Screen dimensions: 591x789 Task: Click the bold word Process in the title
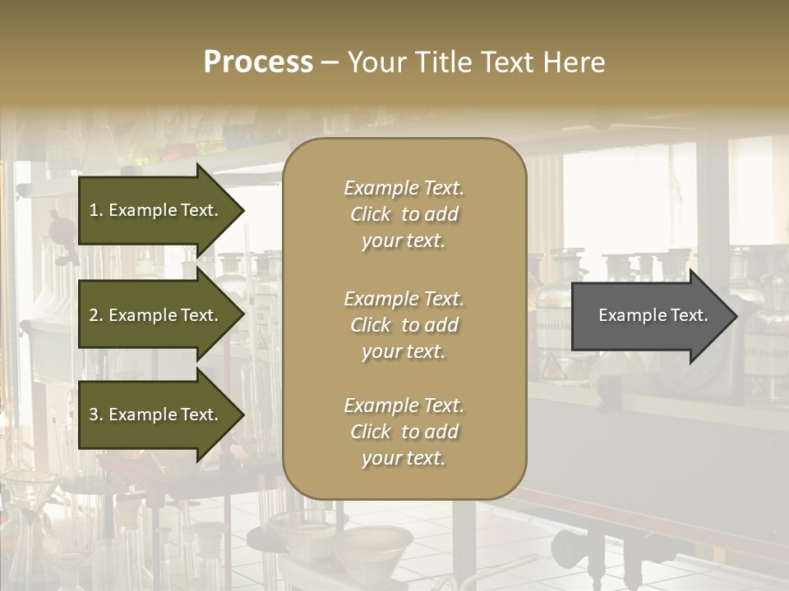(258, 62)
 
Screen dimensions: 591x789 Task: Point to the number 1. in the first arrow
(96, 210)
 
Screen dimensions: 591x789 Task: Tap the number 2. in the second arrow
(96, 315)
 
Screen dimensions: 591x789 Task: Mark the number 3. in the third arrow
(96, 415)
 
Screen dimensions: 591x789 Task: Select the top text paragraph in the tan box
(404, 214)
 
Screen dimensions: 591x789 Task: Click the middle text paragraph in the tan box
(404, 325)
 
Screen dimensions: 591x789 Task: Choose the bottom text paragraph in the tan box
(404, 432)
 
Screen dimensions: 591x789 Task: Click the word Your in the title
(372, 62)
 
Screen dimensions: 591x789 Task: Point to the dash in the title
(330, 63)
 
